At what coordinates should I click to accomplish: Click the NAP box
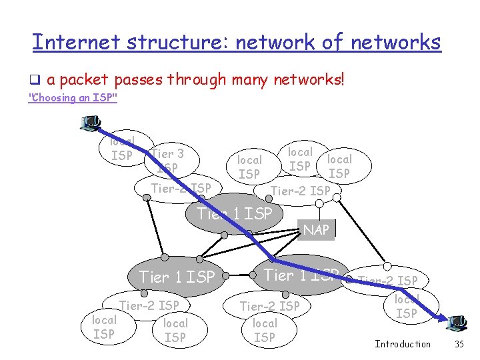[316, 230]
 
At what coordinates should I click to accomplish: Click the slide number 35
[458, 344]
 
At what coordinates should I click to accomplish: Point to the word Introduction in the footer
[403, 344]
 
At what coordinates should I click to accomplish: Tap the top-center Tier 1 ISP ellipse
[235, 213]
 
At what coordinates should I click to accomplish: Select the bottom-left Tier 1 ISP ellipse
[177, 276]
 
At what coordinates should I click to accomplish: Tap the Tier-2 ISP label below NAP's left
[301, 191]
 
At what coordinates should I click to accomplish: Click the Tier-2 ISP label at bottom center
[269, 306]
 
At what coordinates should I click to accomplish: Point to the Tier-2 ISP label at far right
[388, 281]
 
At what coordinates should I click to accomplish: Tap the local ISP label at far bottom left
[103, 327]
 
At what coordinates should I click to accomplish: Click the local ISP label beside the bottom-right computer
[407, 306]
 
